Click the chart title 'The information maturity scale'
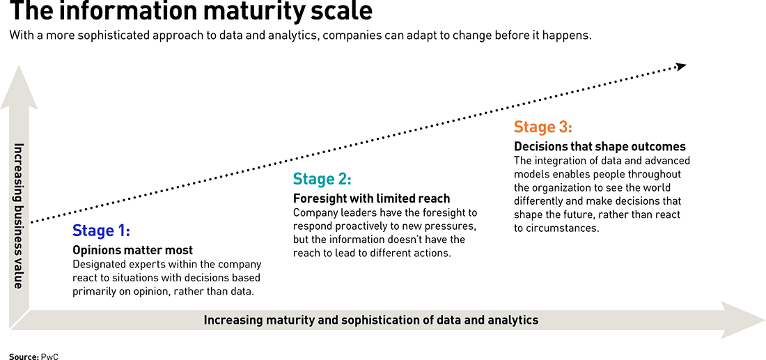coord(191,11)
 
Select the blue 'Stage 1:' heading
coord(101,230)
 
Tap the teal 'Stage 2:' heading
coord(322,179)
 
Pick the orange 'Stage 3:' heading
coord(542,127)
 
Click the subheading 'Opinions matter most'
coord(133,251)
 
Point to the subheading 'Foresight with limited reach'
coord(371,199)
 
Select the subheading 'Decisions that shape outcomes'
coord(600,146)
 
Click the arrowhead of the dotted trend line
coord(682,66)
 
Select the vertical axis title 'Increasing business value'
coord(19,215)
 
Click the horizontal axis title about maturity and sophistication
coord(370,320)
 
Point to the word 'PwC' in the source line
coord(49,357)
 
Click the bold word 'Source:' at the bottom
coord(24,357)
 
